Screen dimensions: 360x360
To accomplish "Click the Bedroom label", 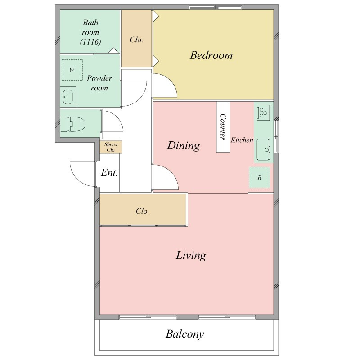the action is tap(211, 55).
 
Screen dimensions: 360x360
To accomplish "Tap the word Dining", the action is tap(184, 145).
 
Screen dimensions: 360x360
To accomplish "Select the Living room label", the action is tap(191, 256).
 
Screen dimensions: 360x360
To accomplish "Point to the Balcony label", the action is tap(185, 334).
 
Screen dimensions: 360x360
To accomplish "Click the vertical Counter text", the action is tap(223, 127).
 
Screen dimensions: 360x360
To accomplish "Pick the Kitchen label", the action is tap(242, 140).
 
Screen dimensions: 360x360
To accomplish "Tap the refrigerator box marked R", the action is tap(260, 177).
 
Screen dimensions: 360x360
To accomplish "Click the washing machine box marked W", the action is tap(72, 70).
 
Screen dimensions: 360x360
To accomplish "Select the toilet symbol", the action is tap(72, 124).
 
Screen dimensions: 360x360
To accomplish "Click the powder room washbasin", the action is tap(68, 97).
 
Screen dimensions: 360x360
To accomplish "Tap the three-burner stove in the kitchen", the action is tap(264, 112).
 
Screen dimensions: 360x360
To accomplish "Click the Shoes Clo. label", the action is tap(111, 147).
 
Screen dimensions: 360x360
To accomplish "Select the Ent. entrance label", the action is tap(109, 173).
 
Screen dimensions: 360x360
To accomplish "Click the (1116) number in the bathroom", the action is tap(90, 42).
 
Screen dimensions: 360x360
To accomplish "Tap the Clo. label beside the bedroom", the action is tap(136, 40).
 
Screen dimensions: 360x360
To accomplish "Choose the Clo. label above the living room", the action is tap(142, 211).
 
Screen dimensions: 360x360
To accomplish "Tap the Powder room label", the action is tap(99, 83).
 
